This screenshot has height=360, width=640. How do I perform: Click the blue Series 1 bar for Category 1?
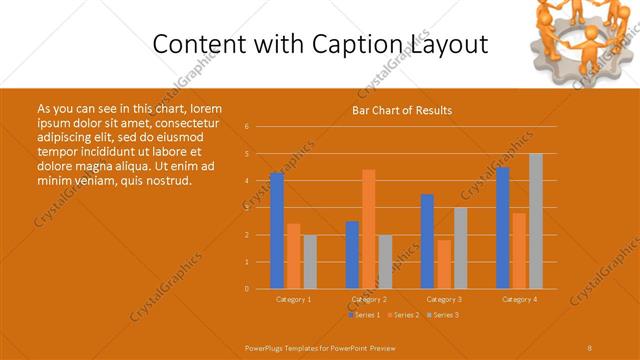pyautogui.click(x=277, y=231)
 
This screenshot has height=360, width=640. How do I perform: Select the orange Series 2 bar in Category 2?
pyautogui.click(x=369, y=229)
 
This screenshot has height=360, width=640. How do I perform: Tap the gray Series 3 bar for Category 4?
pyautogui.click(x=536, y=221)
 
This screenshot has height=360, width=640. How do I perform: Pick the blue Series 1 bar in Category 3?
pyautogui.click(x=428, y=242)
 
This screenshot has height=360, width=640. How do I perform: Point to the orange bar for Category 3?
pyautogui.click(x=444, y=264)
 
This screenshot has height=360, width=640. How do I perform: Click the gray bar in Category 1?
pyautogui.click(x=310, y=262)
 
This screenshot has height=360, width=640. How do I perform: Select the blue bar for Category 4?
pyautogui.click(x=503, y=228)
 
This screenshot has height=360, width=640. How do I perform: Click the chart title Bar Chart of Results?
pyautogui.click(x=402, y=111)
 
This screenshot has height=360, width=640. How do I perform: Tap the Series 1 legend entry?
pyautogui.click(x=364, y=315)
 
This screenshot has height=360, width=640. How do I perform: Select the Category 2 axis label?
pyautogui.click(x=369, y=299)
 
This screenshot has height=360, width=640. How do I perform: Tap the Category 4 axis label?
pyautogui.click(x=519, y=299)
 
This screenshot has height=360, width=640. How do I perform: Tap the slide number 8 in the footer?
pyautogui.click(x=589, y=346)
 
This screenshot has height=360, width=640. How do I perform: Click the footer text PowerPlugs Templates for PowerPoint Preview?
pyautogui.click(x=321, y=346)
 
